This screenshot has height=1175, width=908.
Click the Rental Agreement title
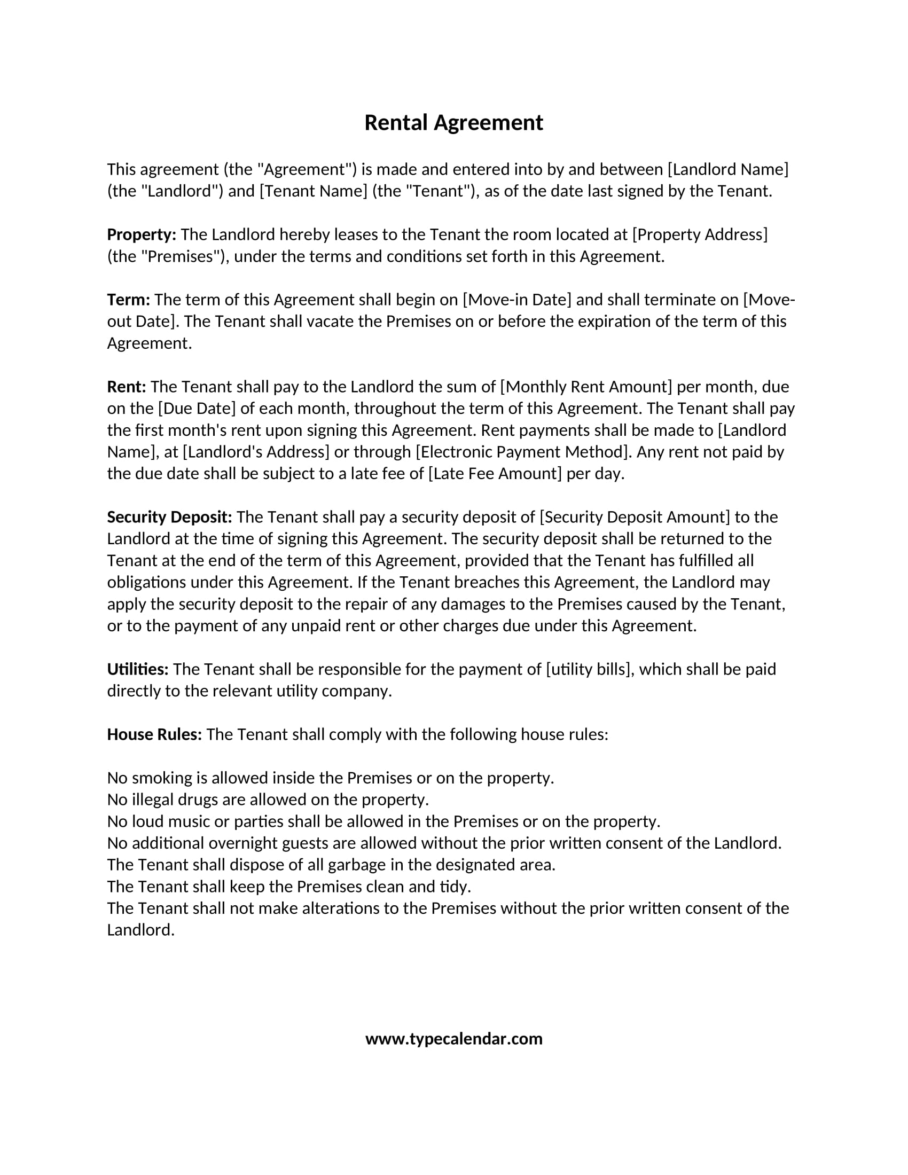(x=453, y=123)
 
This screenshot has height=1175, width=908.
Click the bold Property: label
(x=142, y=234)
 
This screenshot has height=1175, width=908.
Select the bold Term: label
(x=129, y=300)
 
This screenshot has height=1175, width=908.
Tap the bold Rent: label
(x=127, y=387)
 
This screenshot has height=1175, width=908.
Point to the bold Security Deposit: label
(x=169, y=517)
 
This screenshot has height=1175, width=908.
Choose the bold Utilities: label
(x=138, y=669)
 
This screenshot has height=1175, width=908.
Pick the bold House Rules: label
(x=154, y=734)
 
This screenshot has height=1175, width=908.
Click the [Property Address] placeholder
(x=700, y=234)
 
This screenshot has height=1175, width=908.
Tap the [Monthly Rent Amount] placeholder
(x=586, y=387)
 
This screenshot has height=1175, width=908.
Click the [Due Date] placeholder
(x=197, y=409)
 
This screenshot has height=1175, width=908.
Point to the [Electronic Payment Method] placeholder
(x=523, y=452)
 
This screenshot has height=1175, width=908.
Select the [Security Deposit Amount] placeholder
(x=635, y=517)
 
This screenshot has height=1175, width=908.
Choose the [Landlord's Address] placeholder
(x=256, y=452)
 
